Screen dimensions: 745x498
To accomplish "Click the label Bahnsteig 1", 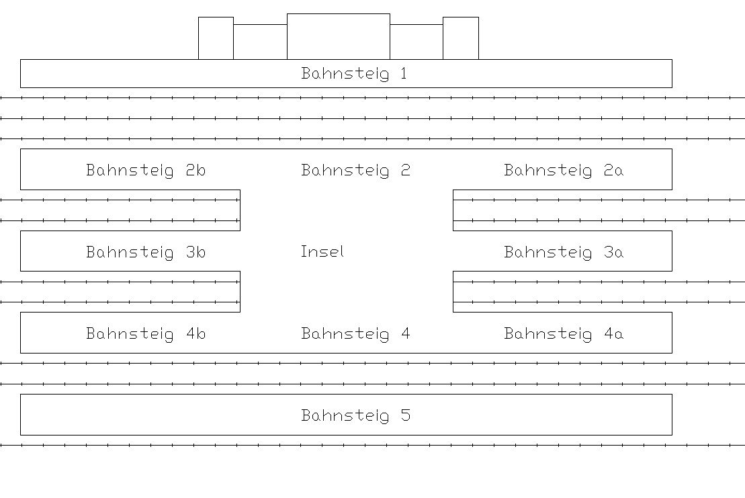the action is click(354, 74).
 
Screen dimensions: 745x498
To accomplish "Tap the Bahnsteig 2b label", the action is click(146, 170).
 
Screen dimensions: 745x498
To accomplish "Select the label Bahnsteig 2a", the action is click(564, 170).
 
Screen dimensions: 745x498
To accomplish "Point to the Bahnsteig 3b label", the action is click(146, 252).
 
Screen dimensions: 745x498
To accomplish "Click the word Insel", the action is click(322, 251).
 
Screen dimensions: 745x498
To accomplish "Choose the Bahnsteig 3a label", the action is click(564, 252).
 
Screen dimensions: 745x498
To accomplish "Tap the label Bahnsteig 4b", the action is click(146, 333).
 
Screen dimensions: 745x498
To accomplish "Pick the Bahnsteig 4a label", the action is click(564, 333).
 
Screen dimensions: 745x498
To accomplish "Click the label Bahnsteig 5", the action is click(356, 416).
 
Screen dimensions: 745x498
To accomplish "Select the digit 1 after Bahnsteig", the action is click(404, 73).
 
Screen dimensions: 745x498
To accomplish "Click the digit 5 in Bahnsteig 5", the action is click(405, 415).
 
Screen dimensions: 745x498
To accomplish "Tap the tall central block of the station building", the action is click(339, 36).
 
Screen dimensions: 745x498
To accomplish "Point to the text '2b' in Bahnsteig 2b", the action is click(195, 169).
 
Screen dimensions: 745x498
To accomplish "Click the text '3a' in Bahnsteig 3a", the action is click(613, 251).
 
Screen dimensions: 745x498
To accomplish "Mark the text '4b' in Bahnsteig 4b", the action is click(195, 333).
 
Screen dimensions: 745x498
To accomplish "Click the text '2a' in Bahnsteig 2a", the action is click(613, 169).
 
